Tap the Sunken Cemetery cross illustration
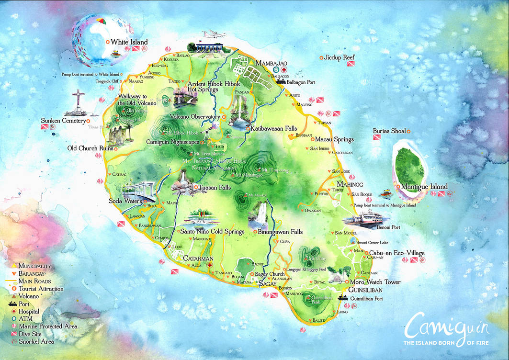coord(78,102)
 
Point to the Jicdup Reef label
coord(339,57)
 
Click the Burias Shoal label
coord(389,131)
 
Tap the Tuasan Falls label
coord(215,187)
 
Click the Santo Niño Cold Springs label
coord(212,231)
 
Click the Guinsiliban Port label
coord(367,299)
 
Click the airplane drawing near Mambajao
coord(214,34)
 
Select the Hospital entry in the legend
coord(30,311)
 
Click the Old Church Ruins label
coord(90,148)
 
